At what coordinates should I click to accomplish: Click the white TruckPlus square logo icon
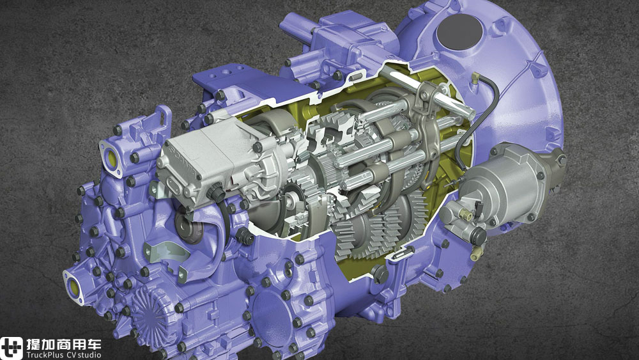click(11, 348)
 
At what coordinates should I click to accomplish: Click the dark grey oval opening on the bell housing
click(459, 32)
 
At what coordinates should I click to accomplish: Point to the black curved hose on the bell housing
click(483, 118)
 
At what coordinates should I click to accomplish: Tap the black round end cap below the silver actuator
click(477, 236)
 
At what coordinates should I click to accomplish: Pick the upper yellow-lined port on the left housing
click(111, 158)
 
